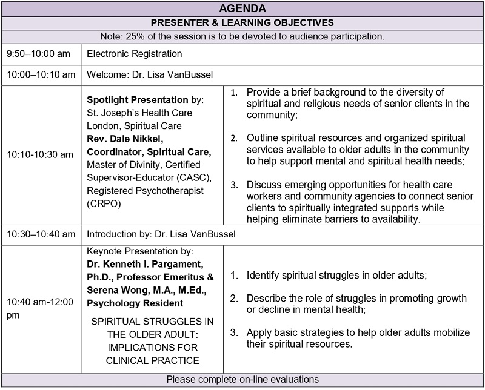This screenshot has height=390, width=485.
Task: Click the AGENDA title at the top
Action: [242, 9]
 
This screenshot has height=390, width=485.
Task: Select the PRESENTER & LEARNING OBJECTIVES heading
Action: [242, 22]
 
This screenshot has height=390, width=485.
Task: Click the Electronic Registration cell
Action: [135, 54]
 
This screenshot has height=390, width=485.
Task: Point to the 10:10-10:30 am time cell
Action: [40, 154]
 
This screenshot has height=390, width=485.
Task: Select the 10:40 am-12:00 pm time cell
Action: [39, 308]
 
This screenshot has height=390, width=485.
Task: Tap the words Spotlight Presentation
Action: [138, 99]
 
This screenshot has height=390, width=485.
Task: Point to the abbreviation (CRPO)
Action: [104, 204]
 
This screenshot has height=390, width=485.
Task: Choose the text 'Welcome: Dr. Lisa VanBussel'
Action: [150, 75]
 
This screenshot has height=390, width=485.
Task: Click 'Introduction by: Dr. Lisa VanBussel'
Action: [159, 234]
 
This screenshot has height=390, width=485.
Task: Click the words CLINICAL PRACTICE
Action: [152, 360]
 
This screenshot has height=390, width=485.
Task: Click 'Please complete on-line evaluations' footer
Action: [242, 380]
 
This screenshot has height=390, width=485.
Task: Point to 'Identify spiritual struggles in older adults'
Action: [336, 276]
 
